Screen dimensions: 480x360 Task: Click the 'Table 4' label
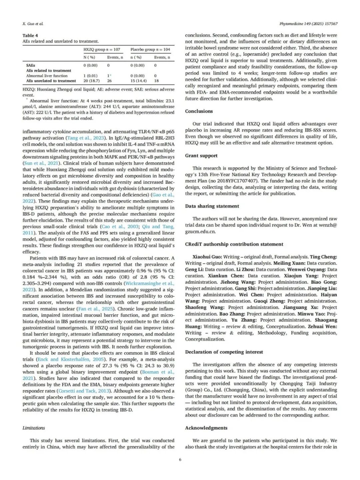click(x=30, y=35)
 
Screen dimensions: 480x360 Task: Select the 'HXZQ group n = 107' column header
click(x=102, y=49)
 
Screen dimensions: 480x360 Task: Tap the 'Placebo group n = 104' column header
click(x=150, y=49)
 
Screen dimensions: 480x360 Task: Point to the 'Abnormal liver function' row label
click(x=47, y=76)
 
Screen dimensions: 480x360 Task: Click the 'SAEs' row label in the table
click(x=30, y=65)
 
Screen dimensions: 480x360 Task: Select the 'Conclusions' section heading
click(x=199, y=111)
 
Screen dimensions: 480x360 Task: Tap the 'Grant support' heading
click(x=201, y=155)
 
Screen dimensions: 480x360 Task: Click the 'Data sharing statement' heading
click(x=212, y=206)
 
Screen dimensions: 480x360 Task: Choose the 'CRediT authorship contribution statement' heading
click(x=234, y=244)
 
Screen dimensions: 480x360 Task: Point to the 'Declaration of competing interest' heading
click(x=224, y=352)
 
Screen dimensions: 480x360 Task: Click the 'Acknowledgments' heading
click(x=206, y=428)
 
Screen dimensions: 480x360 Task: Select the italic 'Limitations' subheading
click(x=34, y=428)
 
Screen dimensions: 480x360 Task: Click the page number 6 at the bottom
click(x=180, y=460)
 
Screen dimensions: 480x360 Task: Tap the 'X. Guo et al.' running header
click(x=33, y=24)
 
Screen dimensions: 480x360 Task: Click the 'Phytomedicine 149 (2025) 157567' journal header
click(x=308, y=24)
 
